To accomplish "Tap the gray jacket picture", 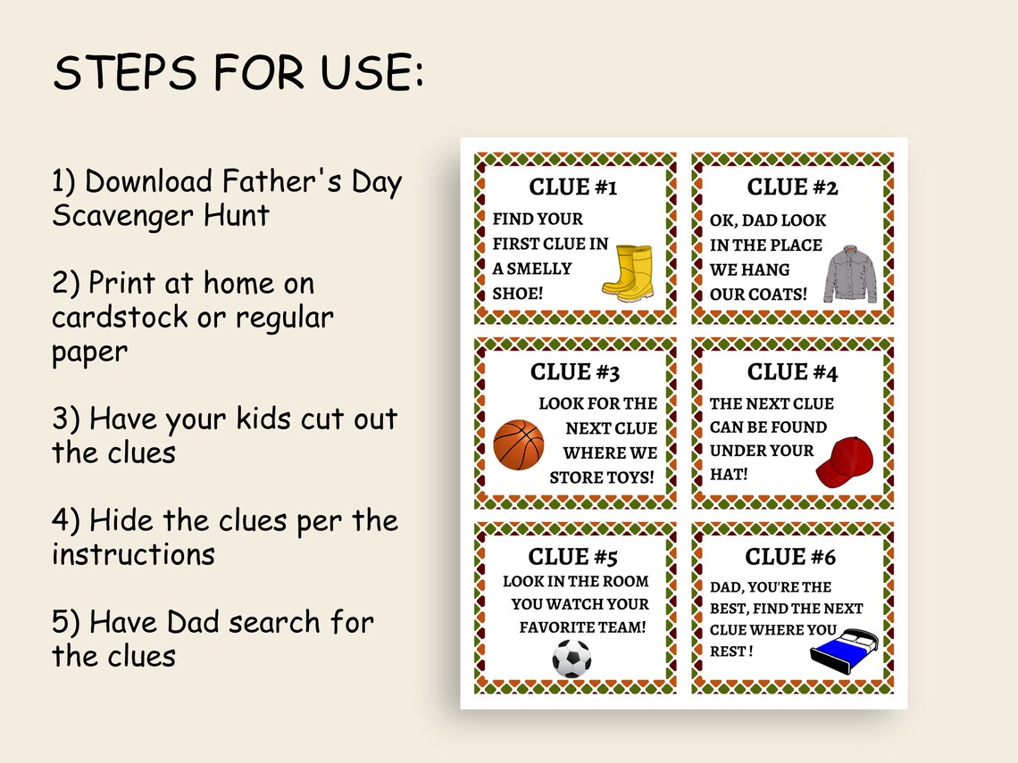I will [x=850, y=272].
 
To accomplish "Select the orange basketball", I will [x=518, y=445].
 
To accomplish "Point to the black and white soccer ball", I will [x=572, y=659].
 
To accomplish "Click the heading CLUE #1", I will [x=573, y=187].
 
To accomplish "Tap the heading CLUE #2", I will [x=792, y=187].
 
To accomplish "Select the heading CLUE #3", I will [x=574, y=372].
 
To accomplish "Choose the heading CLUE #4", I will [x=792, y=372].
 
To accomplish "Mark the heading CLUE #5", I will [x=573, y=557].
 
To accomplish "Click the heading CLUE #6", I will [x=790, y=557].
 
